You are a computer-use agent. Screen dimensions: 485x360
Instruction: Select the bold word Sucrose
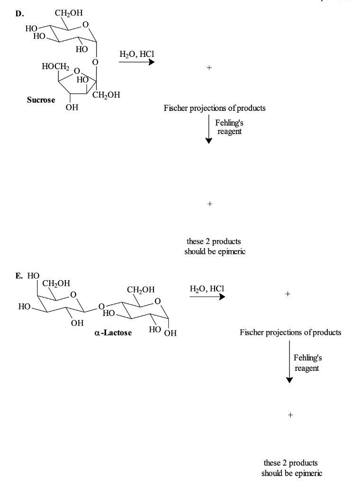(41, 100)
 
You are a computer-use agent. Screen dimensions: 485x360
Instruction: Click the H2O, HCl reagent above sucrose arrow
(136, 54)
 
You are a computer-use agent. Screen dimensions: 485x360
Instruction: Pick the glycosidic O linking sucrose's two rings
(95, 62)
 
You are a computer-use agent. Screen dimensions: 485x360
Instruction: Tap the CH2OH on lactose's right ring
(141, 289)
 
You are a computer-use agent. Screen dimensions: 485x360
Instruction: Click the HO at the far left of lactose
(24, 307)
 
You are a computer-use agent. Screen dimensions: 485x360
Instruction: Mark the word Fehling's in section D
(230, 123)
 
